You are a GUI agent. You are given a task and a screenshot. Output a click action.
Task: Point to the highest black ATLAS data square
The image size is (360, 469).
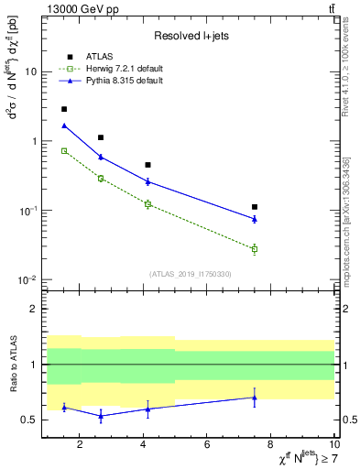click(x=64, y=109)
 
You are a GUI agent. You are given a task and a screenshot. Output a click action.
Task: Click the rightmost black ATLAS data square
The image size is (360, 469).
click(x=255, y=207)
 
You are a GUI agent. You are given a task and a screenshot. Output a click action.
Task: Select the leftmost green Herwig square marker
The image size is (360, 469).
click(x=64, y=150)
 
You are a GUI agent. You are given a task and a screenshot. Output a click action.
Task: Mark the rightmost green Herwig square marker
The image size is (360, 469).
click(x=255, y=249)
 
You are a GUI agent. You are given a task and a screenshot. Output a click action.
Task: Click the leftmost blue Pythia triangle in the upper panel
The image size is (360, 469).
click(x=64, y=125)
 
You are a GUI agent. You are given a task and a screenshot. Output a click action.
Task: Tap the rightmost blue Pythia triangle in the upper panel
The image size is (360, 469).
click(x=255, y=219)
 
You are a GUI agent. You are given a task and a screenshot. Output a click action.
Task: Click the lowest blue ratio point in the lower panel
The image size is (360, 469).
click(x=101, y=416)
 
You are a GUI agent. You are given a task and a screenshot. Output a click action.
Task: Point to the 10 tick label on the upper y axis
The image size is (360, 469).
click(x=31, y=71)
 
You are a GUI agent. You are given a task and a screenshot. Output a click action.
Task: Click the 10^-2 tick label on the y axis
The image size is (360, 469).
click(x=28, y=280)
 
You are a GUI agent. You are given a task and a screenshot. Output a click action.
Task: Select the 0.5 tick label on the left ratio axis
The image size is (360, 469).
click(x=30, y=420)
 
